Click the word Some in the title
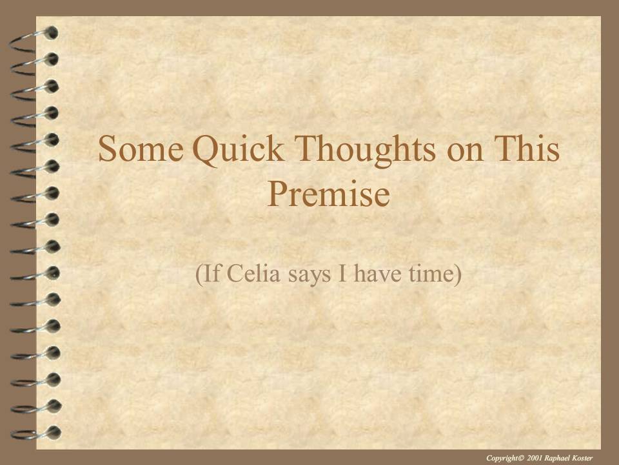coord(141,149)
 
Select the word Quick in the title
coord(238,150)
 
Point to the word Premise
coord(328,194)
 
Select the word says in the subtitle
coord(309,276)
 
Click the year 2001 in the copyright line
coord(534,458)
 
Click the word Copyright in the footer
coord(502,458)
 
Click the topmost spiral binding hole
coord(51,33)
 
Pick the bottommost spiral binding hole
coord(53,432)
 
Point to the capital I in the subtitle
coord(342,273)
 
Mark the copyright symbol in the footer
coord(521,458)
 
